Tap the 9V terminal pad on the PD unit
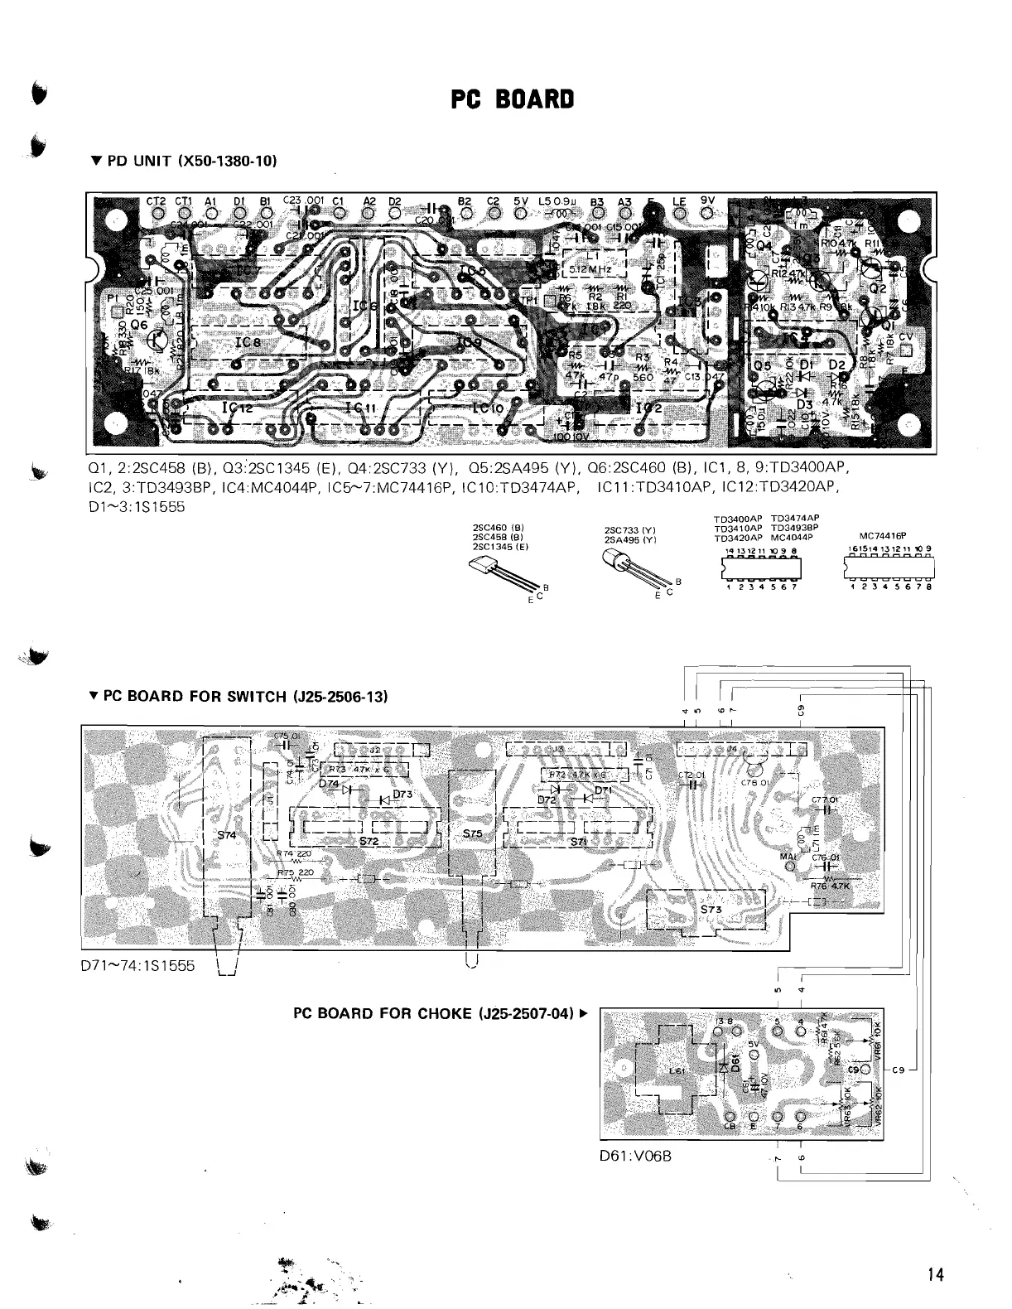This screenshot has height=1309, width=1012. [x=707, y=214]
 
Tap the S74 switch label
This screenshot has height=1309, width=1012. [x=226, y=834]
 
